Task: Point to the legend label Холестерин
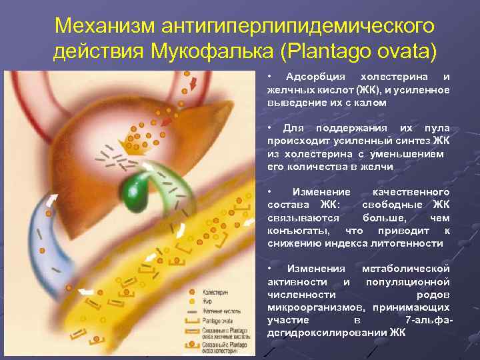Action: [x=216, y=292]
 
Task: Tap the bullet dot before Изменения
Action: [x=269, y=268]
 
